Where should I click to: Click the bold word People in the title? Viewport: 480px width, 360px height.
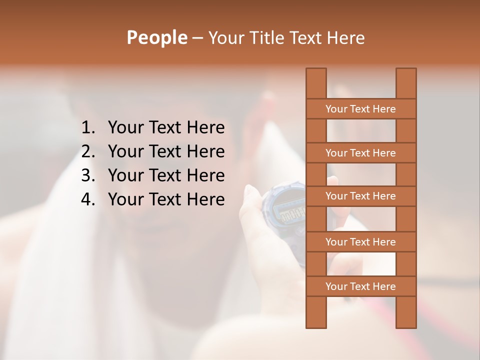[x=156, y=38]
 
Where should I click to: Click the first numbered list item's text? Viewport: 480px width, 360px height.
[x=166, y=128]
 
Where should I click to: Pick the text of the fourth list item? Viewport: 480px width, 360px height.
[x=166, y=199]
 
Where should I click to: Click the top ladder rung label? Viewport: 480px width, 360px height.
[x=360, y=109]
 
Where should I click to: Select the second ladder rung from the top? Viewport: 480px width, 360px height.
[x=360, y=153]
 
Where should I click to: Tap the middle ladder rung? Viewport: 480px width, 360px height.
[x=360, y=196]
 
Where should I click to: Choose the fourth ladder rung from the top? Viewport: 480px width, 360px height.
[x=360, y=242]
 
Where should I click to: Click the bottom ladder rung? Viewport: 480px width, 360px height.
[x=360, y=286]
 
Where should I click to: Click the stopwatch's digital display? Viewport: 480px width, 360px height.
[x=292, y=215]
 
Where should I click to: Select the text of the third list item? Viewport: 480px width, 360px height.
[x=166, y=175]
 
